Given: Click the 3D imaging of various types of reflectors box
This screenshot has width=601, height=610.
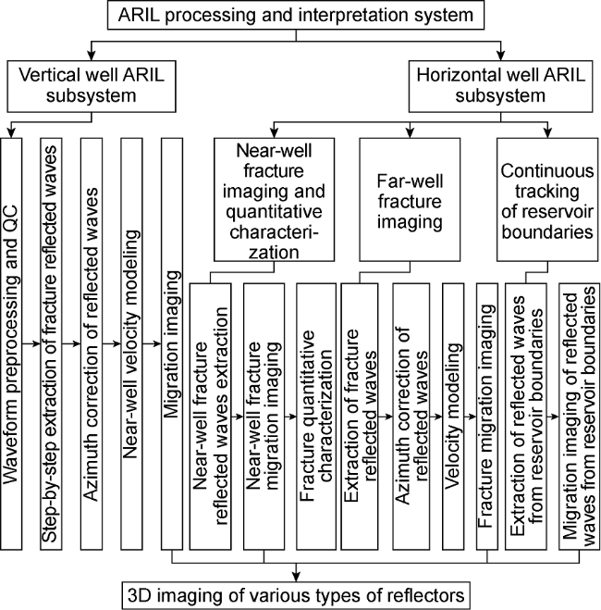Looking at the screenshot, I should pyautogui.click(x=296, y=591).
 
